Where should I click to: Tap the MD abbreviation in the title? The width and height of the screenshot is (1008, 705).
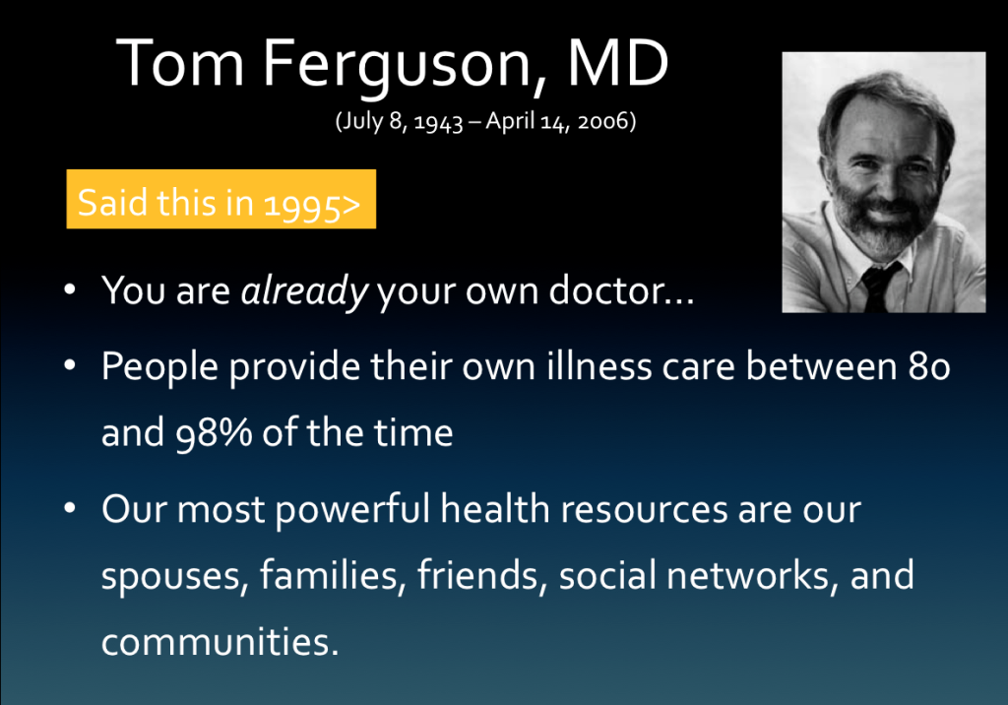click(616, 65)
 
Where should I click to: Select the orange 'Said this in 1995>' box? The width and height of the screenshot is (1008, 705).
click(220, 201)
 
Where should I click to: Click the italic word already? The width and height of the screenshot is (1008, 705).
click(304, 291)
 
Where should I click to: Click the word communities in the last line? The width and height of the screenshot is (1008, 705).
click(219, 640)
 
